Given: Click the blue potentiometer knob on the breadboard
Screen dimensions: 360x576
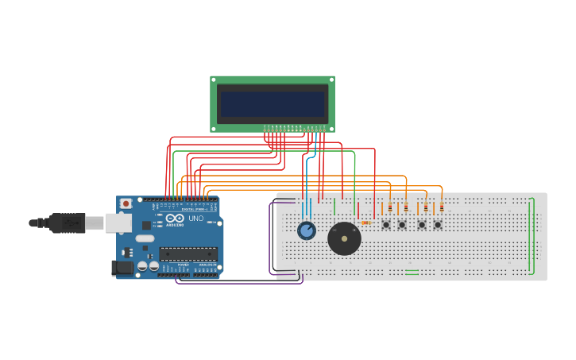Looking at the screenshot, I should [x=306, y=230].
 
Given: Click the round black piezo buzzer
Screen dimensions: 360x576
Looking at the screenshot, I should [x=344, y=238].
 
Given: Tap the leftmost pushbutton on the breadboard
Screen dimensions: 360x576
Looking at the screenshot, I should [x=386, y=225].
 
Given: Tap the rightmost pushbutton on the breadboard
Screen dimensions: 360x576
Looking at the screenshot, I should [x=437, y=225].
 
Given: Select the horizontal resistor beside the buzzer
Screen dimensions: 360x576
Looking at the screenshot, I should [x=365, y=223].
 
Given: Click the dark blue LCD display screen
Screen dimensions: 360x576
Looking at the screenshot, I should [x=273, y=103].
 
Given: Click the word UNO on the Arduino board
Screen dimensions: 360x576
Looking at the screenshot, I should [x=195, y=219].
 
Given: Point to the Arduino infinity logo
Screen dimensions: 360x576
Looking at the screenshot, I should [x=176, y=219].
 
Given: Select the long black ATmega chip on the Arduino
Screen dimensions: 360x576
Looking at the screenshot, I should [x=187, y=254].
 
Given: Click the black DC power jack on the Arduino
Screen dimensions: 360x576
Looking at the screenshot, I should [x=124, y=268].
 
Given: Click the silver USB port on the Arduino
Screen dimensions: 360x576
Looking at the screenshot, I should [x=118, y=223].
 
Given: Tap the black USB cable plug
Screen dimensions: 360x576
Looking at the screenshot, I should [x=68, y=223].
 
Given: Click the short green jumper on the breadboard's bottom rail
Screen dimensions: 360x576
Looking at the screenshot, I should [x=412, y=271].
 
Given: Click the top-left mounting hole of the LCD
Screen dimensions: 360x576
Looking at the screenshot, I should [x=214, y=79].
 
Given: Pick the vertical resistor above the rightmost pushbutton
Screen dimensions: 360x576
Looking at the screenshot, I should [x=442, y=207].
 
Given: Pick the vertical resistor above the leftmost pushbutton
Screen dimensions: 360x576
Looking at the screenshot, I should [x=390, y=207].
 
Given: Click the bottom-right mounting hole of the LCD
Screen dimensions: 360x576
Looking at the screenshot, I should [x=331, y=128].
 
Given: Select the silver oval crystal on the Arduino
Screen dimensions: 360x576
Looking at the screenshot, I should [x=145, y=238].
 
